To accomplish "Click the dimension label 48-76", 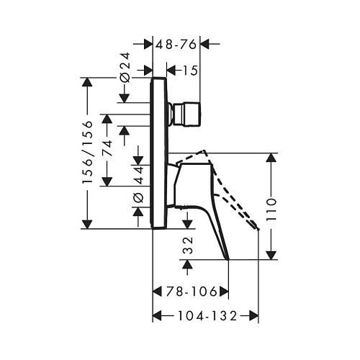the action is [x=176, y=44].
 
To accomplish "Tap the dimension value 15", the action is [x=190, y=71].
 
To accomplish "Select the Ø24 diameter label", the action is [x=125, y=67].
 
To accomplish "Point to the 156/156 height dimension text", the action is [x=87, y=153].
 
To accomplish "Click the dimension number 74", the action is [x=107, y=148].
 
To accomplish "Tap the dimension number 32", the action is [x=188, y=245].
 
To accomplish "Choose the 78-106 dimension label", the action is [x=192, y=292].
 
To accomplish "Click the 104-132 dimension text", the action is [x=207, y=315].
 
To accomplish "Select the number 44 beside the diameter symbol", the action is [x=138, y=175].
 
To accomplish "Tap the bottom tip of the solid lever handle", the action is [x=228, y=259].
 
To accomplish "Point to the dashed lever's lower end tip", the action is [x=258, y=229].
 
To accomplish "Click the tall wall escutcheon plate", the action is [x=158, y=153].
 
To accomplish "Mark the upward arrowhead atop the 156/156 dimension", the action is [x=87, y=83].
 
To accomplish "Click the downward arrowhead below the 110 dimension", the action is [x=271, y=254].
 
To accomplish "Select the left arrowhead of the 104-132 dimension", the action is [x=158, y=315].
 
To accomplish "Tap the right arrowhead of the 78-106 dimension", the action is [x=223, y=292].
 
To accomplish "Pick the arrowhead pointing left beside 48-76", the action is [x=205, y=44].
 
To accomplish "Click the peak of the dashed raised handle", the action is [x=204, y=150].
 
